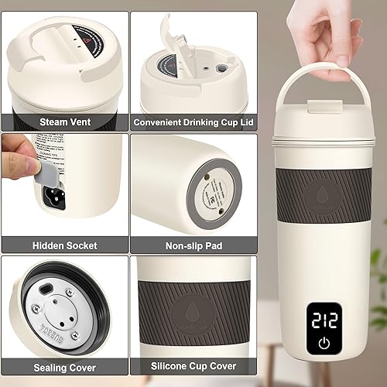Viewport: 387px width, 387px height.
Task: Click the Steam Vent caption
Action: point(64,122)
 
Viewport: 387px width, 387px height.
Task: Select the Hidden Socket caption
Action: point(64,245)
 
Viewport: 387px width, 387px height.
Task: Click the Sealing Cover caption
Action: point(64,368)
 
